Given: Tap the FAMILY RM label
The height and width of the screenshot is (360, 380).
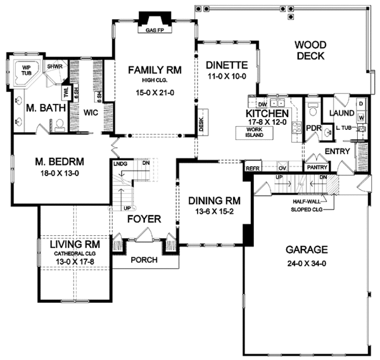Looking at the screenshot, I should point(153,70).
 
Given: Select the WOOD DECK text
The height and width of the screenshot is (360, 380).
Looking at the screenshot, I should point(309,50).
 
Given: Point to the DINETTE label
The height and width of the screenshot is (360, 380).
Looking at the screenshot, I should point(226,64).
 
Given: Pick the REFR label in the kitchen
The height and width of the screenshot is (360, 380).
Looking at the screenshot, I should point(251,169).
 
